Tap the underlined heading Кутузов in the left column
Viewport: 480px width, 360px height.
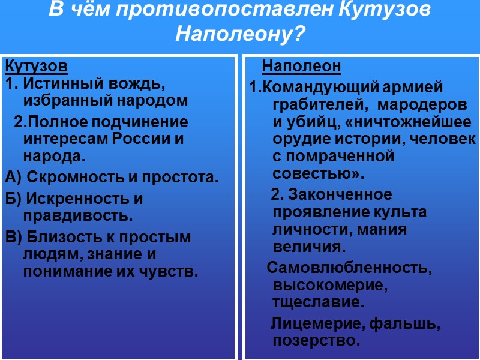(36, 65)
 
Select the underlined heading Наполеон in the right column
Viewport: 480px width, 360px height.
(302, 65)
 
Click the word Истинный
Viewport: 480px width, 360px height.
(61, 83)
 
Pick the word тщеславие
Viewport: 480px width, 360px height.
(317, 301)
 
